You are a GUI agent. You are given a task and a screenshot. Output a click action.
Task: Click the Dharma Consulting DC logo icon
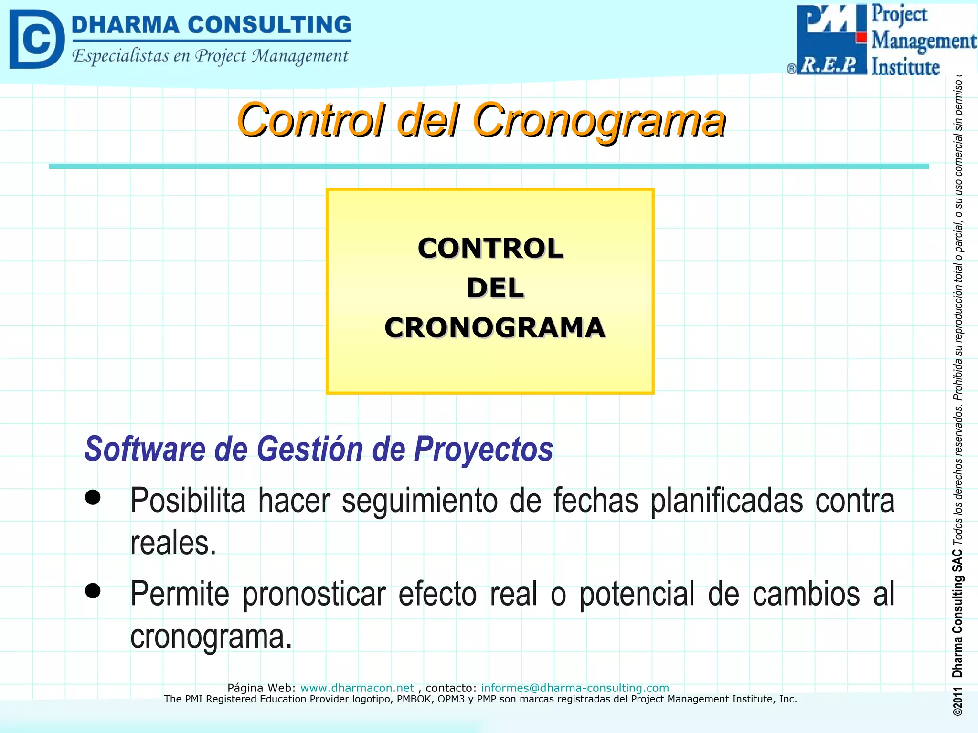36,39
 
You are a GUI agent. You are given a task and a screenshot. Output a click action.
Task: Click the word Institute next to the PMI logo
905,67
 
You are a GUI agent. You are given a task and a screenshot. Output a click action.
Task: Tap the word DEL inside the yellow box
495,288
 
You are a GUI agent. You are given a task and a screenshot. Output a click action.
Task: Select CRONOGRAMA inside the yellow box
495,328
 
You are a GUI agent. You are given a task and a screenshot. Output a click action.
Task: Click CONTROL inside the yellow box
490,249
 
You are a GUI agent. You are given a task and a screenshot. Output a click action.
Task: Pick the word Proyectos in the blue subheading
483,450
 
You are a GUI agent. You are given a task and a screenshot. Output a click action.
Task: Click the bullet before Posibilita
93,497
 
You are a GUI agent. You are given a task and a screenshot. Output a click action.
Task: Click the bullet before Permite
93,591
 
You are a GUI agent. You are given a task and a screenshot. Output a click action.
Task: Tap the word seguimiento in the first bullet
419,501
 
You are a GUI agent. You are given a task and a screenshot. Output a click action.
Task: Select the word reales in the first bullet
173,543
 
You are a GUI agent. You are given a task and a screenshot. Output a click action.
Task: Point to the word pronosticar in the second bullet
314,595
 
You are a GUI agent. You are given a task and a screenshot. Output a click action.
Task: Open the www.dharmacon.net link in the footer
357,688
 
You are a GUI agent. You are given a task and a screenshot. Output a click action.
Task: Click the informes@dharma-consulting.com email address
574,688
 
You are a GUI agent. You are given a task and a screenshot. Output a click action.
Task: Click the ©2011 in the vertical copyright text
957,702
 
